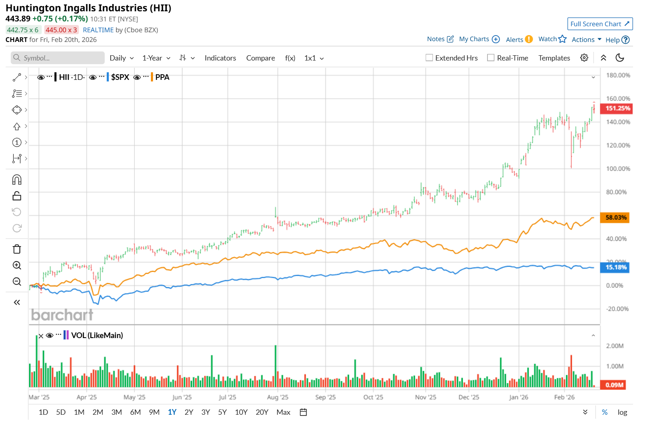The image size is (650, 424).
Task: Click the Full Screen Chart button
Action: pyautogui.click(x=600, y=24)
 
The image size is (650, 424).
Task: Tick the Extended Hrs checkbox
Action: pyautogui.click(x=429, y=58)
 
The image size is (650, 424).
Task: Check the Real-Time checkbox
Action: pyautogui.click(x=491, y=58)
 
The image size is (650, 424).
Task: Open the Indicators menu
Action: pyautogui.click(x=220, y=58)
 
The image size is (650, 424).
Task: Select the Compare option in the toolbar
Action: pyautogui.click(x=260, y=58)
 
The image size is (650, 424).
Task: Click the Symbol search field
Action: pyautogui.click(x=58, y=58)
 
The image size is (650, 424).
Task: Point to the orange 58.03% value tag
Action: pyautogui.click(x=615, y=217)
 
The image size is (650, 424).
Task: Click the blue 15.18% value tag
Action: pyautogui.click(x=615, y=267)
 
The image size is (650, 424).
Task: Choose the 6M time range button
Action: pyautogui.click(x=135, y=412)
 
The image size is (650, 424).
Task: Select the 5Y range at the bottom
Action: pyautogui.click(x=222, y=412)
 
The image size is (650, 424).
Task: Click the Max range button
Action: pyautogui.click(x=283, y=412)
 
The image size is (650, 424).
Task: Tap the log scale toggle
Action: pyautogui.click(x=622, y=412)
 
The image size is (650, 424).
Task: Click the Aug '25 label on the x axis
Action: pyautogui.click(x=278, y=397)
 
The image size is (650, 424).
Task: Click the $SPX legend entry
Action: pyautogui.click(x=120, y=77)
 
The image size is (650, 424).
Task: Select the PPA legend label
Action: pyautogui.click(x=162, y=77)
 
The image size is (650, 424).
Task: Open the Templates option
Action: pyautogui.click(x=554, y=58)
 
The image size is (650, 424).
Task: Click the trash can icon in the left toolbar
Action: pyautogui.click(x=17, y=249)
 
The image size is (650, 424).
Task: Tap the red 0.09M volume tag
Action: pyautogui.click(x=614, y=385)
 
